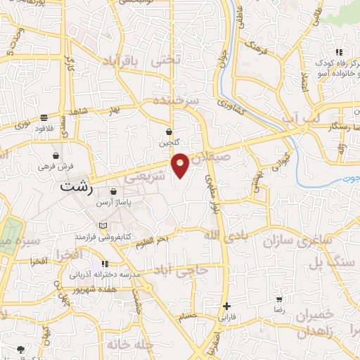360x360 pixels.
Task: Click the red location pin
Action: coord(181,164)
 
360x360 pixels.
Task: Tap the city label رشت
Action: coord(76,188)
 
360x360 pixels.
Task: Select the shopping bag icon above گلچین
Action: coord(169,131)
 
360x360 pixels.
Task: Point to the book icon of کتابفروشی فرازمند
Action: coord(105,225)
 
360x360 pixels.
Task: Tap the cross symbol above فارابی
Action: coord(226,306)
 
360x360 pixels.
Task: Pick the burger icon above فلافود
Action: coord(44,117)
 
